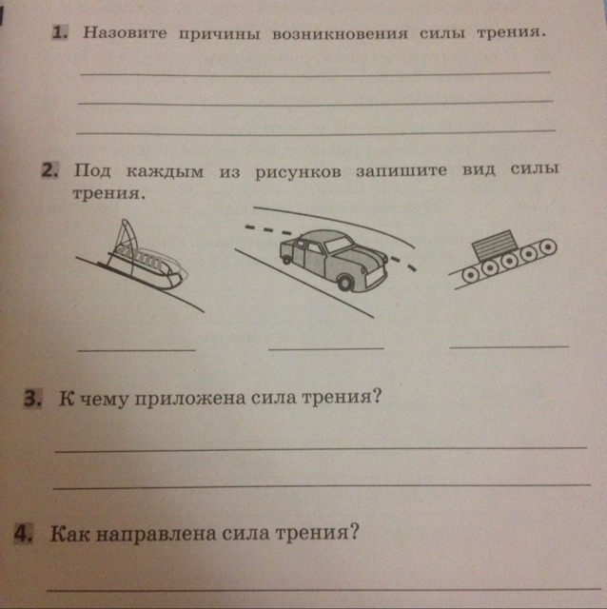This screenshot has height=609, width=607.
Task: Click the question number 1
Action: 60,32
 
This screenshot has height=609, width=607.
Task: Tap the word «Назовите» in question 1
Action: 125,32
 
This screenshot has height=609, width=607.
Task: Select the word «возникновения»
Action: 340,34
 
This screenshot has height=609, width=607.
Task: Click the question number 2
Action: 49,170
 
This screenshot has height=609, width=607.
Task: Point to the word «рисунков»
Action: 298,172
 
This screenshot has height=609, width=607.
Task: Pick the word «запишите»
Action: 401,171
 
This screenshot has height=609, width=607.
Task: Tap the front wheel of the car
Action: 345,282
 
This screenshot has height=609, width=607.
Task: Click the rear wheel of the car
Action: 286,260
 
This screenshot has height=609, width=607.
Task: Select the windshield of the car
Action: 339,245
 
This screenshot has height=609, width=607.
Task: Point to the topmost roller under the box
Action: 547,246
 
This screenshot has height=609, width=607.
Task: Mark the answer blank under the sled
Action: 137,350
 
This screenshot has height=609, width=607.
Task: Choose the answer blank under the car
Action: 326,348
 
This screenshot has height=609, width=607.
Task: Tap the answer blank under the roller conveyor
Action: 510,345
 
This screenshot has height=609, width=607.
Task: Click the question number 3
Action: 33,399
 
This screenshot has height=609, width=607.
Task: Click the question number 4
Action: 24,534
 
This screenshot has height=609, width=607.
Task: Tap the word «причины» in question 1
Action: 220,34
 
